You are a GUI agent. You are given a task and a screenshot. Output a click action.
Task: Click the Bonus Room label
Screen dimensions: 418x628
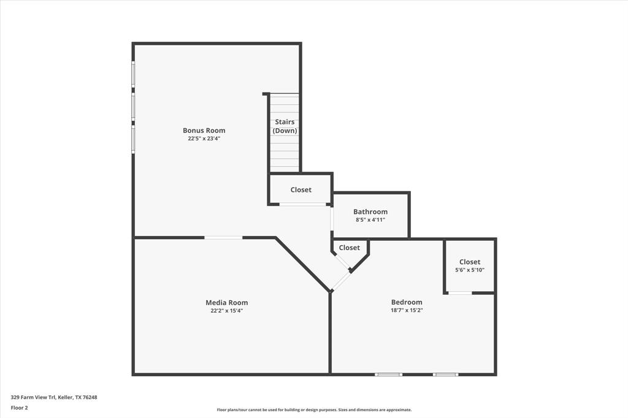coord(204,130)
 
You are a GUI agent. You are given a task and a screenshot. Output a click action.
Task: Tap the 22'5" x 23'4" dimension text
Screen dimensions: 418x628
coord(204,139)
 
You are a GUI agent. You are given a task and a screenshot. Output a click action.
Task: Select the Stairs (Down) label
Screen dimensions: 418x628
coord(285,126)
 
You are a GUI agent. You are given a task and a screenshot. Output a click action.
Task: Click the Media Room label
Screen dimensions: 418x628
coord(226,302)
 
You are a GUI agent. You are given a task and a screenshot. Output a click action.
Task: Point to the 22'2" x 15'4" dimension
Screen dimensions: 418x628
coord(226,311)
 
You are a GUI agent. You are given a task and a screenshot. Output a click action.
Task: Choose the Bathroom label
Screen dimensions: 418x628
coord(370,211)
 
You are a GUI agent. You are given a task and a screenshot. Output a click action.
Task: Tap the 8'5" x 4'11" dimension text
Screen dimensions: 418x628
coord(370,219)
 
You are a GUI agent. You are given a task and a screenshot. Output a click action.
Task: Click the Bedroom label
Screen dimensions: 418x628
coord(407,302)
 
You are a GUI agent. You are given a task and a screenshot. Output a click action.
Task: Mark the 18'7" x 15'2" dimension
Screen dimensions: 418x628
coord(407,310)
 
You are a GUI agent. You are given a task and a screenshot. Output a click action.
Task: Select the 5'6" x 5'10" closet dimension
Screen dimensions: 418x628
coord(470,270)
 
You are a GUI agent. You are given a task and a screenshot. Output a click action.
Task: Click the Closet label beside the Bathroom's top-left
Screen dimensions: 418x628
coord(301,190)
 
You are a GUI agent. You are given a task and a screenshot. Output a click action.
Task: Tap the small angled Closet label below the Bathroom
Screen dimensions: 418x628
coord(350,248)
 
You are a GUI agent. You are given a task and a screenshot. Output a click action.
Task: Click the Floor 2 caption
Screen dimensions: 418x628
coord(20,407)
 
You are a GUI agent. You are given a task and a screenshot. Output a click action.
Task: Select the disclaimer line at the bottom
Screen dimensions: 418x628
coord(314,410)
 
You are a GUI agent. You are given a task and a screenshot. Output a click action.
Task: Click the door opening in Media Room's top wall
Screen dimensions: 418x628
coord(223,237)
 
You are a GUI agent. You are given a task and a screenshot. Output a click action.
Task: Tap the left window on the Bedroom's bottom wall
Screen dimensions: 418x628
coord(389,374)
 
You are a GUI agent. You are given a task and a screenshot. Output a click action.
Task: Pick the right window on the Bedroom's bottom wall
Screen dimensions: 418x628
coord(445,374)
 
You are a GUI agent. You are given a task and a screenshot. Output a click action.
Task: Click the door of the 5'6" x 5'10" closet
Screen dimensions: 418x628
coord(460,293)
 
